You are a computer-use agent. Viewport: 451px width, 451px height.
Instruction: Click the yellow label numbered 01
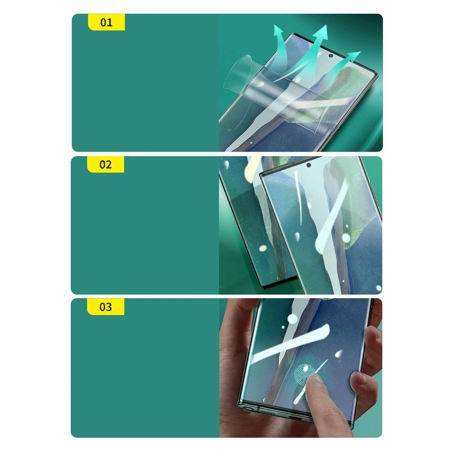[106, 22]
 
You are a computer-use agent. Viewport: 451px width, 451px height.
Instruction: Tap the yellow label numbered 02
[106, 165]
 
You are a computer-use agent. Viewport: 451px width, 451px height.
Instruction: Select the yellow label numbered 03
[106, 307]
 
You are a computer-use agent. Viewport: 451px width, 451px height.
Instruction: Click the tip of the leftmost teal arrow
[276, 25]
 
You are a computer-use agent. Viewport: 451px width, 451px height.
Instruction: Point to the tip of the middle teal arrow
[327, 25]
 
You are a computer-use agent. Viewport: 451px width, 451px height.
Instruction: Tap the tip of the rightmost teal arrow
[361, 52]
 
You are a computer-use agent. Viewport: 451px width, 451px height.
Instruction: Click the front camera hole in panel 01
[331, 56]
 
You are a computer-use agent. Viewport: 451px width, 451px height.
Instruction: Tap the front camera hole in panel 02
[308, 165]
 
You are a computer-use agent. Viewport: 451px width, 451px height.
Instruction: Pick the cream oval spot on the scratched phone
[263, 248]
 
